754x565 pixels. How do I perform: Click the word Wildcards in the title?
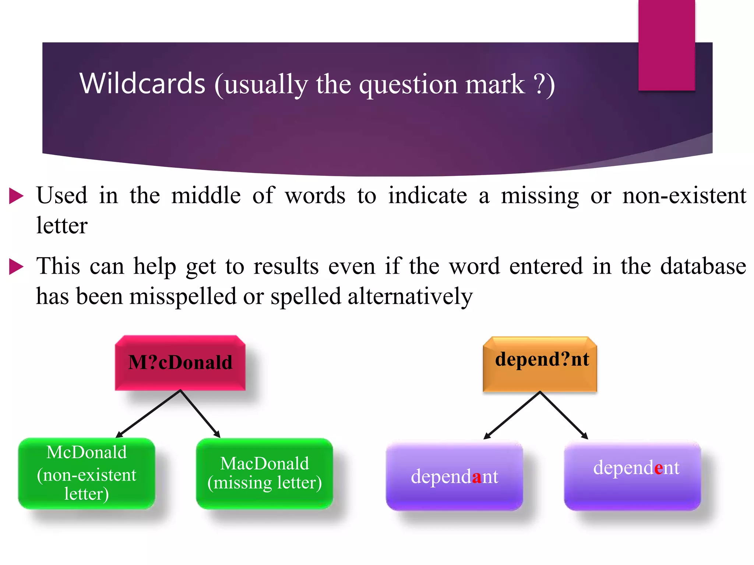coord(142,84)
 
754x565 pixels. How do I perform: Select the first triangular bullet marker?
coord(16,196)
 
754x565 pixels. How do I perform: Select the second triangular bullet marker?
coord(16,267)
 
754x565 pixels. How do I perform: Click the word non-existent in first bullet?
coord(684,196)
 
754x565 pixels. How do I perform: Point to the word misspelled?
coord(183,296)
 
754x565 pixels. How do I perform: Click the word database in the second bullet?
coord(703,266)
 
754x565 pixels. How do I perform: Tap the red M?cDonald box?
coord(180,363)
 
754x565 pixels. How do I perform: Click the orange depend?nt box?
coord(540,364)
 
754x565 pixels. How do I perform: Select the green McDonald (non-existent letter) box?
coord(87,473)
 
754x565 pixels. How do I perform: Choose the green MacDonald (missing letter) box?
coord(264,473)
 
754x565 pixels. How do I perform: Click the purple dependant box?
coord(454,476)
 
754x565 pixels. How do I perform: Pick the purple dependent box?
coord(632,475)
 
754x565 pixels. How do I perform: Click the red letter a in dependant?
coord(476,477)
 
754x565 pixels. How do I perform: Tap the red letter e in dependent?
coord(658,468)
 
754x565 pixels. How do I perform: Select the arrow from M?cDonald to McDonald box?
coord(148,414)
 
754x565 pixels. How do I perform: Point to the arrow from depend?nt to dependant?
coord(512,415)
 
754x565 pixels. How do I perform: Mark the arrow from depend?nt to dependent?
coord(564,415)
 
